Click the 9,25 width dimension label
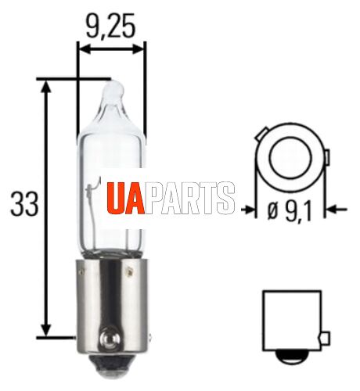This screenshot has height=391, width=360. [110, 26]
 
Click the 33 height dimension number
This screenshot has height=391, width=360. [24, 204]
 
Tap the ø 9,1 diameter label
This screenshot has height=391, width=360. [290, 211]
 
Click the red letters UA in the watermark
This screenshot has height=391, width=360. [125, 198]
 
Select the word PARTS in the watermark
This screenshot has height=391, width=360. [189, 198]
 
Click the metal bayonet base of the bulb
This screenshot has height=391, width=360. [112, 307]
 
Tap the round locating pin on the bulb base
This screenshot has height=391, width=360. [110, 339]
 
